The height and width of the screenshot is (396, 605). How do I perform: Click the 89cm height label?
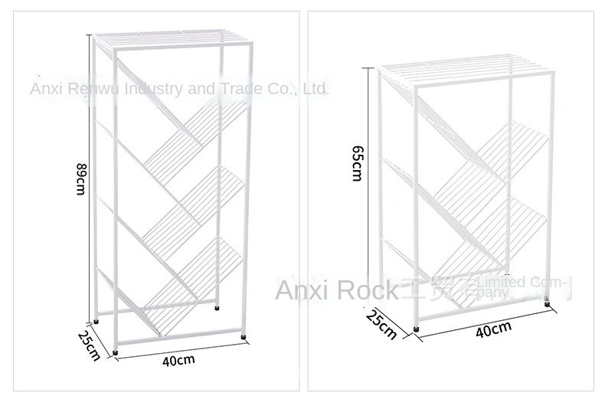(x=80, y=178)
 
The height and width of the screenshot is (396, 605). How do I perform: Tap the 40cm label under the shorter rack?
(x=493, y=330)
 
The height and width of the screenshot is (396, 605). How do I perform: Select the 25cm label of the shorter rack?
(x=381, y=323)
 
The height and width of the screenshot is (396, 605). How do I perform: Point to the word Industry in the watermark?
(x=155, y=90)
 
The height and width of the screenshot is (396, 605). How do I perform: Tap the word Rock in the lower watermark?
(x=367, y=291)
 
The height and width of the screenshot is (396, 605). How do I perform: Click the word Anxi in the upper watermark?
(x=45, y=90)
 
